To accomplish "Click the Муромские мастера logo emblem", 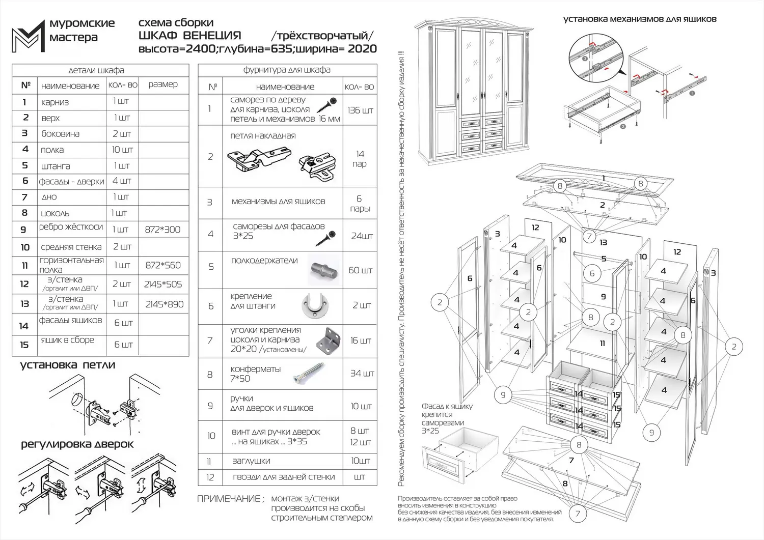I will point(28,36).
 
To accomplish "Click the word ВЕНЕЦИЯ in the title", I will point(211,36).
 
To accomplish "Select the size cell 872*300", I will point(162,230).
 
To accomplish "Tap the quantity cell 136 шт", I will point(360,110).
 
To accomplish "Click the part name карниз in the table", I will point(55,102).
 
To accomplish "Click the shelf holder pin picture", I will point(323,270).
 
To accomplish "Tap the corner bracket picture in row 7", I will point(326,340).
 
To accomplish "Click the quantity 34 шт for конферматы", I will point(362,374).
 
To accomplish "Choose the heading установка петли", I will point(67,365).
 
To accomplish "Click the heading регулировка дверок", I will point(77,444).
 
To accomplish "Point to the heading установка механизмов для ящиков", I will point(639,19).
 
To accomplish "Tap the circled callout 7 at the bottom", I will point(578,514).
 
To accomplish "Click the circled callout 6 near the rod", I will point(592,273).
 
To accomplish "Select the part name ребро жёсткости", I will point(71,227).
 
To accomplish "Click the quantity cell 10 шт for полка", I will point(122,150).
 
